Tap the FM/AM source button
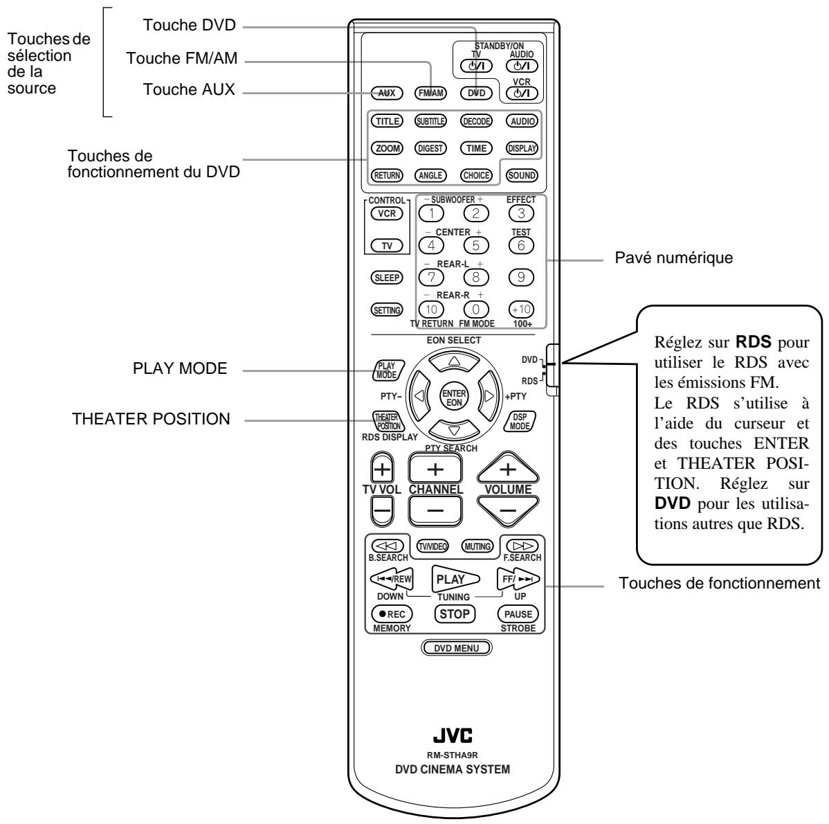pos(430,92)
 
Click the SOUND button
pos(522,176)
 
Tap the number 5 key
pos(475,244)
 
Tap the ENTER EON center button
pos(453,399)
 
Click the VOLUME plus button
pos(508,469)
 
